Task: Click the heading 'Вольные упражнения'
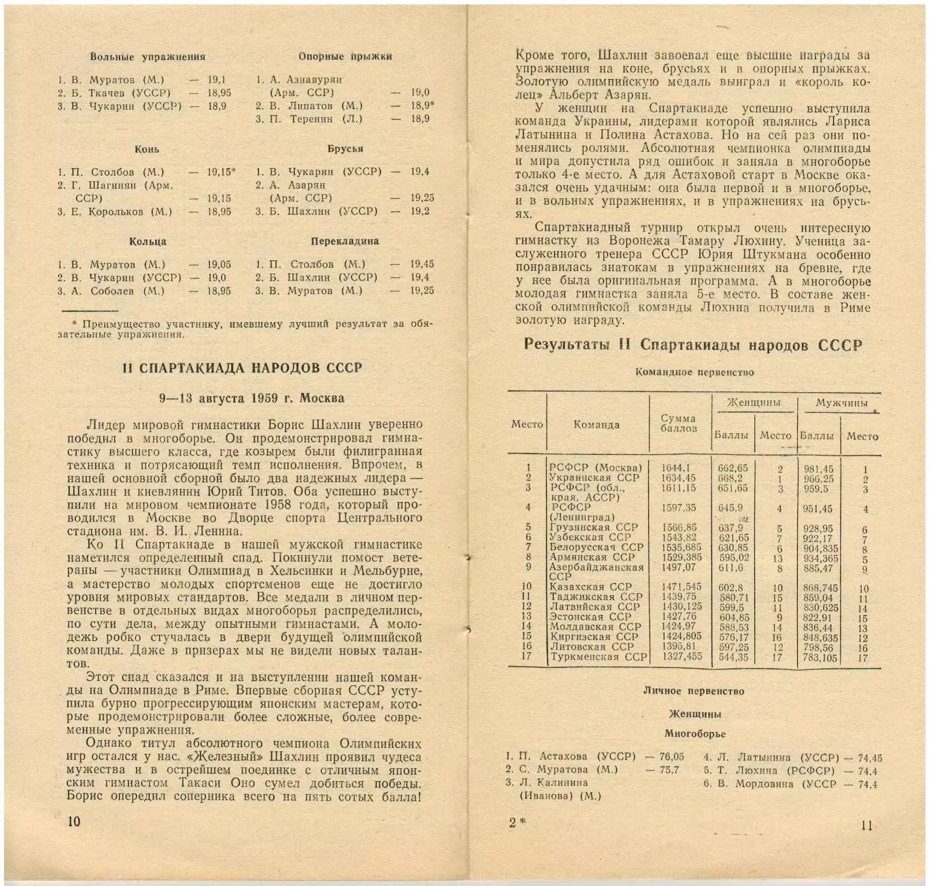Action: pyautogui.click(x=147, y=57)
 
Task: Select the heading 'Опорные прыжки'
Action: pyautogui.click(x=345, y=56)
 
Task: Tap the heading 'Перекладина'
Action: pyautogui.click(x=344, y=241)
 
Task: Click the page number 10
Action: pyautogui.click(x=74, y=821)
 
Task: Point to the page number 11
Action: pyautogui.click(x=866, y=825)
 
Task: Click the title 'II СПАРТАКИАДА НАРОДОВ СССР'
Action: pyautogui.click(x=242, y=368)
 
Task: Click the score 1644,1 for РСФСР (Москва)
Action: pyautogui.click(x=675, y=468)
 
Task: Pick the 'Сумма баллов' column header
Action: pyautogui.click(x=678, y=423)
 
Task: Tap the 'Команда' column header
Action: pyautogui.click(x=596, y=424)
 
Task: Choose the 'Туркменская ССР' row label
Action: pyautogui.click(x=598, y=657)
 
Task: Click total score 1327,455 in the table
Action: pyautogui.click(x=682, y=657)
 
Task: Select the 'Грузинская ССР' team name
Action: pyautogui.click(x=594, y=527)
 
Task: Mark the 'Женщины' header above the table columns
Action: pyautogui.click(x=753, y=402)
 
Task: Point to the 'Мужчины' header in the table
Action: pyautogui.click(x=841, y=403)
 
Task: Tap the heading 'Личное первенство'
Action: pyautogui.click(x=694, y=691)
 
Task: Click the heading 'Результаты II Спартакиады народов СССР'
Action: pyautogui.click(x=692, y=345)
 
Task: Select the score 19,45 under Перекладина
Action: pyautogui.click(x=421, y=264)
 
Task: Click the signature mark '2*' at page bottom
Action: pyautogui.click(x=517, y=823)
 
